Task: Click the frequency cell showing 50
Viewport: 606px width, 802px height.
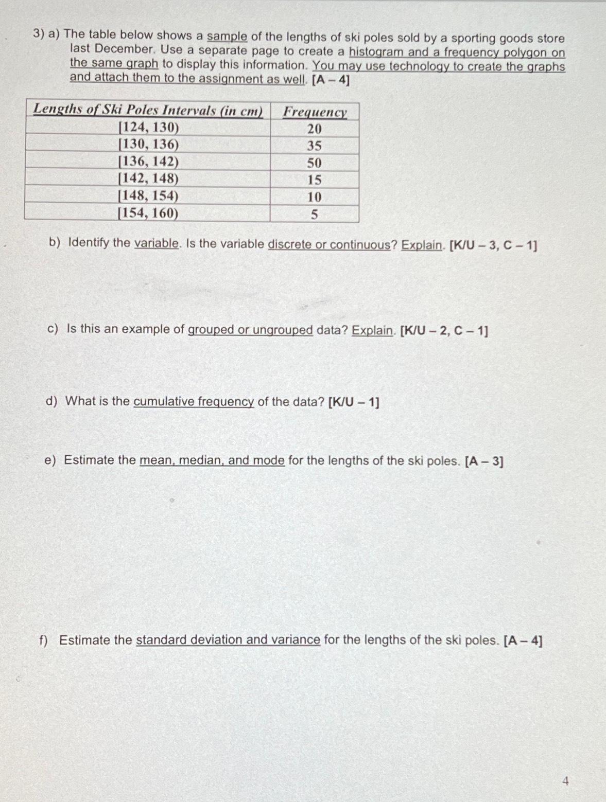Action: (314, 163)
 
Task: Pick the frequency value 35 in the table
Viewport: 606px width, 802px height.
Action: (314, 146)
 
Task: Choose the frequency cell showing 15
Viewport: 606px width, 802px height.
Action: (314, 180)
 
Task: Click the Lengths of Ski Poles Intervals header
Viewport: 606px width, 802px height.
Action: (148, 110)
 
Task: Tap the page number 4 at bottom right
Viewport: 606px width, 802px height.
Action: (565, 781)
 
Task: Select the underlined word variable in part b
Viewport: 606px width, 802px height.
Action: (157, 243)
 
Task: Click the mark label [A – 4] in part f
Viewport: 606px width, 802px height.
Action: (523, 641)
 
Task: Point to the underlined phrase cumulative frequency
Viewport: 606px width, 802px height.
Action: (194, 401)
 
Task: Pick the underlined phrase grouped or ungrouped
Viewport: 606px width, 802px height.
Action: (250, 330)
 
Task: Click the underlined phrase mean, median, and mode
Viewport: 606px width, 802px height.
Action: (212, 460)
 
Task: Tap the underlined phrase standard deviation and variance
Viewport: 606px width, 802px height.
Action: (228, 640)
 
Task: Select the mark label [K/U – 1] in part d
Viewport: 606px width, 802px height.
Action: (353, 402)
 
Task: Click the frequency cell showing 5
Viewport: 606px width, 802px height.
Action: (314, 215)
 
